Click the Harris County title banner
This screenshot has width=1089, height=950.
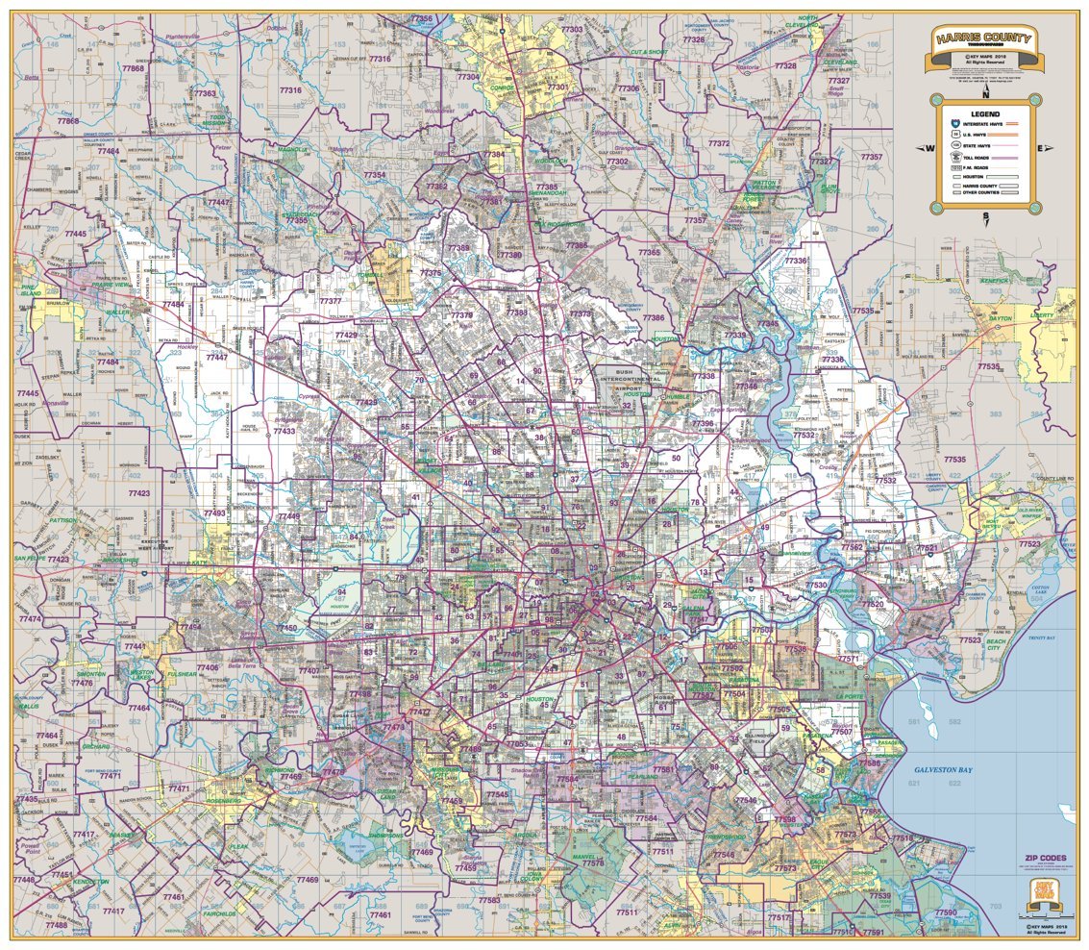click(x=983, y=39)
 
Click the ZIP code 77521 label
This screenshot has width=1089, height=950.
click(x=928, y=548)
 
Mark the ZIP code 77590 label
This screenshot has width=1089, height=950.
click(x=946, y=912)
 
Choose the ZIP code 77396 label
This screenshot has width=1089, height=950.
click(x=704, y=423)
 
